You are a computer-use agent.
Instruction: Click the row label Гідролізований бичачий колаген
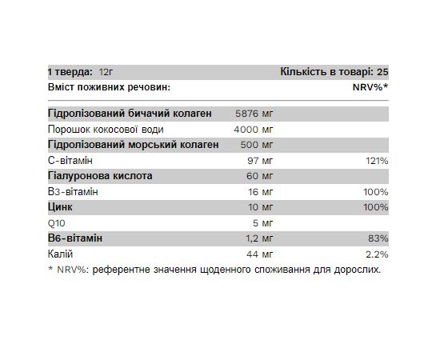(x=130, y=114)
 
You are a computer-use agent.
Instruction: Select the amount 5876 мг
(x=255, y=114)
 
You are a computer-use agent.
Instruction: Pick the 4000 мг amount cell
(x=255, y=130)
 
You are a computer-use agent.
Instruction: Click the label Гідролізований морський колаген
(x=134, y=145)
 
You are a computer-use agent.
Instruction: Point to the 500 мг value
(x=258, y=145)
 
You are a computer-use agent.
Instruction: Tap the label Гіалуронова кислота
(x=99, y=176)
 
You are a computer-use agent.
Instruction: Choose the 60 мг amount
(x=261, y=176)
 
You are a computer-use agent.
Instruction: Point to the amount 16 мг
(x=261, y=192)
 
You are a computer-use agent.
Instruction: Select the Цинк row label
(x=62, y=207)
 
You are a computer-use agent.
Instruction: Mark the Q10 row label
(x=57, y=223)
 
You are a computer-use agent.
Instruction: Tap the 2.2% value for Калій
(x=377, y=254)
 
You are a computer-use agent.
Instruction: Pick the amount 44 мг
(x=261, y=254)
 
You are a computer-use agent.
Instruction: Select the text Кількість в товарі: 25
(x=334, y=71)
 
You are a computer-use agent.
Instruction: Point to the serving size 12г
(x=109, y=71)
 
